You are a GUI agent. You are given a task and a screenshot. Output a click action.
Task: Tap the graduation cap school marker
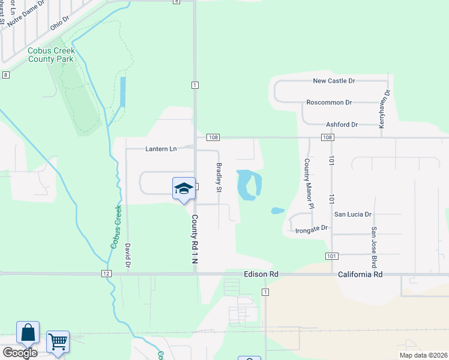183,189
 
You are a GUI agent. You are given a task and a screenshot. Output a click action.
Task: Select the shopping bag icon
28,333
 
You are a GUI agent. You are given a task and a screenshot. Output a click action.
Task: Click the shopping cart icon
58,342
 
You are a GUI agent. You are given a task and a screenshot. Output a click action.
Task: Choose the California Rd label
360,274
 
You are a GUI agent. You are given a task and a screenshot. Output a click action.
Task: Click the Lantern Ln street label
161,149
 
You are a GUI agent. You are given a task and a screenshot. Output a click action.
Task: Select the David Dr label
128,255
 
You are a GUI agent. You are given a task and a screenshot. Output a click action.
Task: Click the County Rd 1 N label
194,244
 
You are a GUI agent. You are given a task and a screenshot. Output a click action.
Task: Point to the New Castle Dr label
334,80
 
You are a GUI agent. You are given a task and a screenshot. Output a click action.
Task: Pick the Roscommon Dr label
328,103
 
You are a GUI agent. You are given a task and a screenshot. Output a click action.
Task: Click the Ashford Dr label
342,125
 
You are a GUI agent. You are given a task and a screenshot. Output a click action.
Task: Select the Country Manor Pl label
309,184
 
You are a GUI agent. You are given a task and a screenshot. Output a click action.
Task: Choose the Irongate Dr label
312,229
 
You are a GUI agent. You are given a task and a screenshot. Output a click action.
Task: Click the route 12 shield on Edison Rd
106,274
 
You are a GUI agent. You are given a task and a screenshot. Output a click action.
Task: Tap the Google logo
19,353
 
